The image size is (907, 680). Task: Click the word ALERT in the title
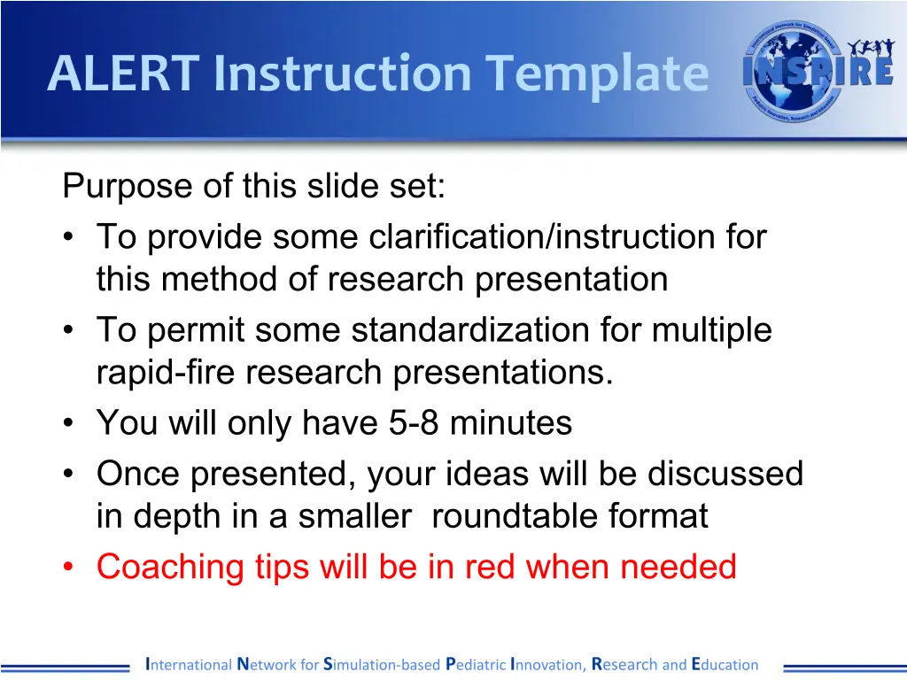[124, 73]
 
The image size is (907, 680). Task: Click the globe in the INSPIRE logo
[789, 73]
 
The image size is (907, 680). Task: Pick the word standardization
[470, 329]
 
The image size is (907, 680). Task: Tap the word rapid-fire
[166, 373]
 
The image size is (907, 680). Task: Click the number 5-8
[414, 422]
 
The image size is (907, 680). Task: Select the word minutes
[511, 422]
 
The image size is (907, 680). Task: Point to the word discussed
[725, 474]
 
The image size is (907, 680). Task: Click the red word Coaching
[170, 568]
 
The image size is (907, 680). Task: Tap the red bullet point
[69, 567]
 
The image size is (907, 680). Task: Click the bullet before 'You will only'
[69, 422]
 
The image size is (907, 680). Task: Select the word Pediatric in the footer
[476, 664]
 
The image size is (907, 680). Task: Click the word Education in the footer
[725, 664]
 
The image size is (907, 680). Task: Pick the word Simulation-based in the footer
[382, 664]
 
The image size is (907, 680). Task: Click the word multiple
[712, 330]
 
